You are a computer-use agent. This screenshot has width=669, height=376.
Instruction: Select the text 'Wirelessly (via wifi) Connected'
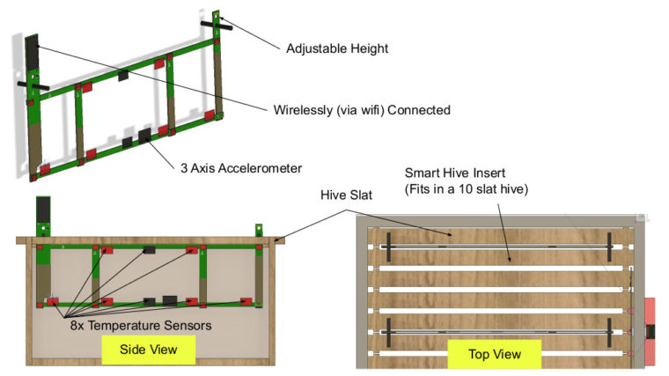pyautogui.click(x=362, y=110)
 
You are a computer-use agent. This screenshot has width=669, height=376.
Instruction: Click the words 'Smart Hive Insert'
pyautogui.click(x=455, y=173)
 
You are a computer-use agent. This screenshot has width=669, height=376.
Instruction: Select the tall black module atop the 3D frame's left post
pyautogui.click(x=33, y=54)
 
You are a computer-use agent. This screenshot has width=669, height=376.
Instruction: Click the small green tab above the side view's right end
pyautogui.click(x=259, y=231)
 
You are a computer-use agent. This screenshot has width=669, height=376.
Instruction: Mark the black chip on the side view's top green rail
pyautogui.click(x=149, y=250)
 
